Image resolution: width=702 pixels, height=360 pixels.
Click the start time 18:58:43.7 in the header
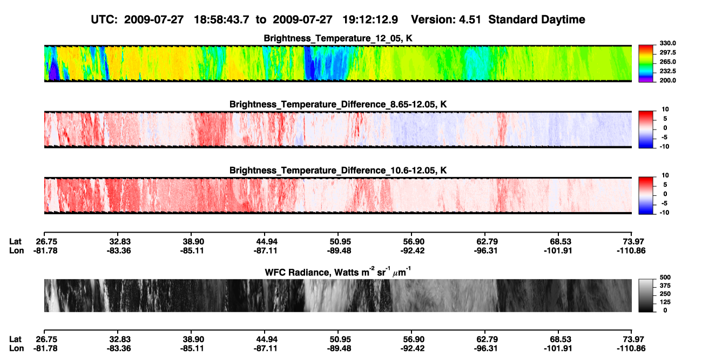coord(221,19)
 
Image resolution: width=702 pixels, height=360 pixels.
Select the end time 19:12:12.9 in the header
coord(370,19)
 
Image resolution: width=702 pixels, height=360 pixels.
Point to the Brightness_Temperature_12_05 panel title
coord(338,38)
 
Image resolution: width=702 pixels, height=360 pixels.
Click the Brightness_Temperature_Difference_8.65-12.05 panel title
coord(338,104)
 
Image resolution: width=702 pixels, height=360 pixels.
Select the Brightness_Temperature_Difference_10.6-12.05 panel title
coord(338,171)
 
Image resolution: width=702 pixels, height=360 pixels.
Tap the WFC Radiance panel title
coord(338,272)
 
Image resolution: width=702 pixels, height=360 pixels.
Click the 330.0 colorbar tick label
coord(667,43)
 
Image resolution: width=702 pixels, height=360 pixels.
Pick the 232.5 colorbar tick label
coord(667,71)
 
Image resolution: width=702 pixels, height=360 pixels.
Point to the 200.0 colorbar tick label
coord(667,80)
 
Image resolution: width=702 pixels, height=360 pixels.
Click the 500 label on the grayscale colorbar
coord(665,277)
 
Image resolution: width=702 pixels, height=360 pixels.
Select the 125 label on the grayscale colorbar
coord(665,302)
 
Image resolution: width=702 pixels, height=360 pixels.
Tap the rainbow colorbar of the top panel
coord(646,64)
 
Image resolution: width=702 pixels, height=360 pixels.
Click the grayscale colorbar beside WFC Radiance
coord(646,295)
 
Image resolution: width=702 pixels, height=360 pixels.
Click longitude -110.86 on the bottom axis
coord(631,349)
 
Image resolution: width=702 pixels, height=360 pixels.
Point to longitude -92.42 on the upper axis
coord(413,250)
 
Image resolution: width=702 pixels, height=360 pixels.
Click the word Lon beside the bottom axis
coord(17,349)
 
